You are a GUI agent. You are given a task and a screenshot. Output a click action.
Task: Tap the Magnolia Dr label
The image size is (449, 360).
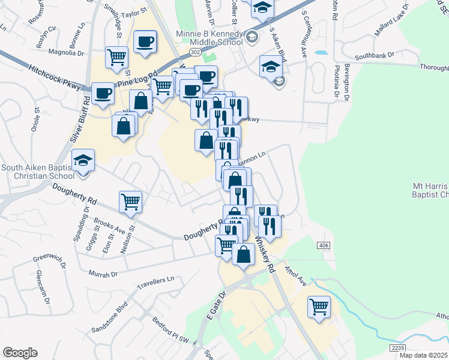point(67,53)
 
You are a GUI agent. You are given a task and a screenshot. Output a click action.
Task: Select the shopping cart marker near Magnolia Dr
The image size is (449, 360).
point(116,58)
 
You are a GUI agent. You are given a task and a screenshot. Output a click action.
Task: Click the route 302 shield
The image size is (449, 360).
point(196,53)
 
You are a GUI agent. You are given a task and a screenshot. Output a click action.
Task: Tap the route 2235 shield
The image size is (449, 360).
point(397,347)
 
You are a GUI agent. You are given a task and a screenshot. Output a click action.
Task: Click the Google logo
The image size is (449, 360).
point(20,353)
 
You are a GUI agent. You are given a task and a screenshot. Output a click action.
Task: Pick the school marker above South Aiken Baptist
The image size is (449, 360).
point(83,160)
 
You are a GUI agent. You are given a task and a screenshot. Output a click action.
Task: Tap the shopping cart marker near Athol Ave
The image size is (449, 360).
point(319,307)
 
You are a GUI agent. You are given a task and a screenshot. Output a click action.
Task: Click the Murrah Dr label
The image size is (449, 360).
point(103,274)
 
